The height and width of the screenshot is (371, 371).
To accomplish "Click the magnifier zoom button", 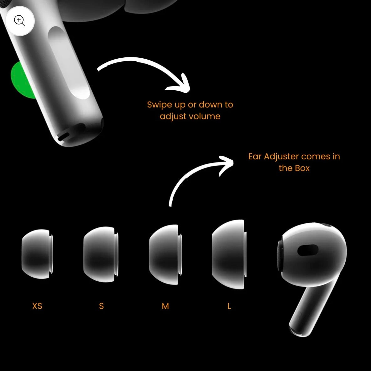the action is coord(20,21).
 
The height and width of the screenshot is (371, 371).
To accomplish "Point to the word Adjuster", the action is coord(281,156).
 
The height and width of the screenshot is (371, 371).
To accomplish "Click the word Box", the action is coord(302,168).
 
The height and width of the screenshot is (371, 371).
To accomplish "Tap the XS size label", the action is coord(37,306).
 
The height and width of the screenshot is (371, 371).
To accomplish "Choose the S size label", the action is coord(101,306).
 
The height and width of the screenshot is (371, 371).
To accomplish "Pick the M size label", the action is coord(165,306).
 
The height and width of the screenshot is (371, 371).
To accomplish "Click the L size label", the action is coord(229,306).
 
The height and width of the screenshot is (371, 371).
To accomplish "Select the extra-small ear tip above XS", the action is coord(37,254).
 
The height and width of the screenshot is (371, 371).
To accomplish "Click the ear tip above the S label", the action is coord(101,254).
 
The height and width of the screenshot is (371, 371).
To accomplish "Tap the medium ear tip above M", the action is coord(166,255).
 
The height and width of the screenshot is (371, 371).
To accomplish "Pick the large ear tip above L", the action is coord(229,254).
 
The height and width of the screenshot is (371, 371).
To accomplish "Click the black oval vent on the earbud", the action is coord(308,250).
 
